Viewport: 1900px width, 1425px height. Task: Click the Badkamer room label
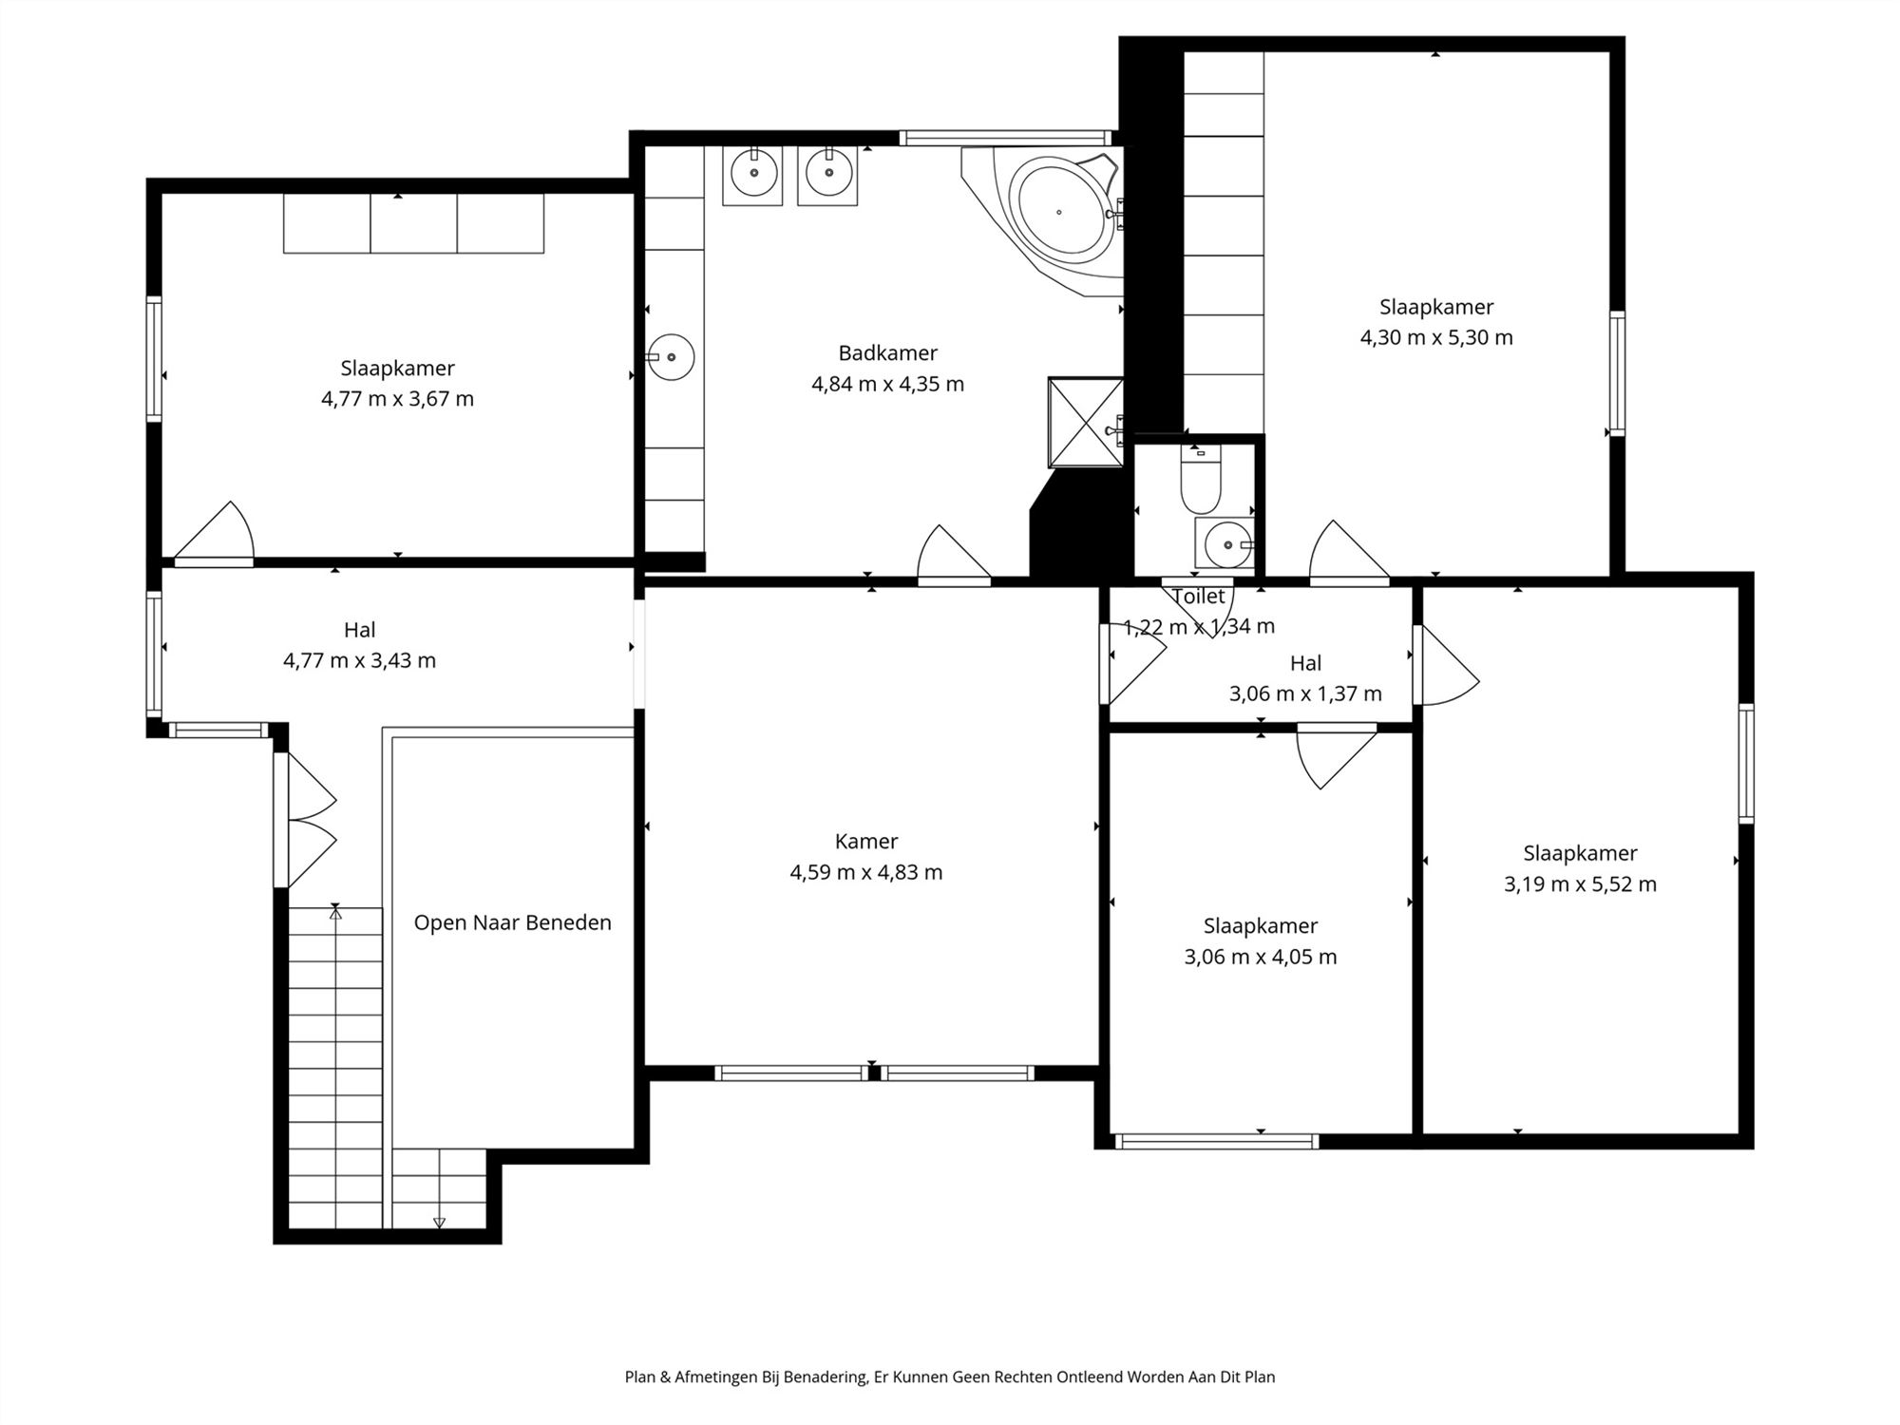(x=887, y=353)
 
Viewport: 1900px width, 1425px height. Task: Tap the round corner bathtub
(x=1060, y=212)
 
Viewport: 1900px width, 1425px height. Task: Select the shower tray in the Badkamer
(x=1086, y=423)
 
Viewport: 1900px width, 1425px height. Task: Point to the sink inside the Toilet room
(x=1226, y=544)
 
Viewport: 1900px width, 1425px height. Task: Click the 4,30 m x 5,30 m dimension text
(x=1436, y=338)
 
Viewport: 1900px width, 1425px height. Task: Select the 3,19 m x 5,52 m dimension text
(x=1580, y=884)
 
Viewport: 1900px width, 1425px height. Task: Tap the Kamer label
(x=866, y=842)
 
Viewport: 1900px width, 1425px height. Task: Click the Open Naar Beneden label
(x=513, y=923)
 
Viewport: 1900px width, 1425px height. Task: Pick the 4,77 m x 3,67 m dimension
(x=397, y=399)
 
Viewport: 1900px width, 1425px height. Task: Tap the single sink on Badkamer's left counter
(x=671, y=357)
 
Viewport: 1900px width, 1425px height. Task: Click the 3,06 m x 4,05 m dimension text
(x=1260, y=957)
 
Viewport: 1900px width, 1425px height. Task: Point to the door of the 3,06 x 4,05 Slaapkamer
(x=1338, y=756)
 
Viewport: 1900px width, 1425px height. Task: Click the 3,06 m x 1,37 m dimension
(x=1305, y=694)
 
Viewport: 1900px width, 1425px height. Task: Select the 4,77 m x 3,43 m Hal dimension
(x=359, y=661)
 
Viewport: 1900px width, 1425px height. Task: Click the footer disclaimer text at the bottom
(x=950, y=1377)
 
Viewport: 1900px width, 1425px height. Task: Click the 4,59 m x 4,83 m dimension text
(x=866, y=873)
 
